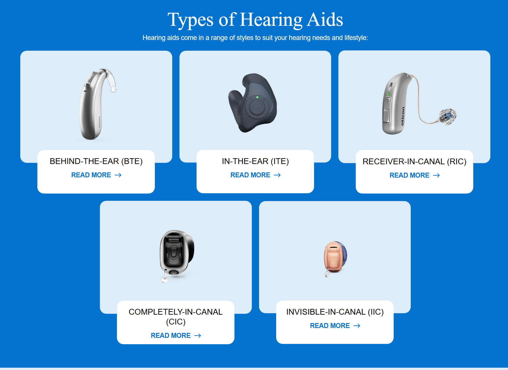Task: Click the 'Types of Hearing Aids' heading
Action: click(255, 20)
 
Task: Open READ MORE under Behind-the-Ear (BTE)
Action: click(96, 175)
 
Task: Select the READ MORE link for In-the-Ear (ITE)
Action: click(255, 175)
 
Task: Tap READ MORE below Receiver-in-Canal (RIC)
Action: click(415, 175)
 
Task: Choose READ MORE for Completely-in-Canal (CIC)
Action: click(176, 336)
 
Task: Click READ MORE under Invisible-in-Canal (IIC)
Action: click(335, 326)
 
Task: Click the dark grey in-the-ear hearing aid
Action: click(252, 103)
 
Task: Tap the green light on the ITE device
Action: click(257, 97)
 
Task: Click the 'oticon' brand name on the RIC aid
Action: click(402, 116)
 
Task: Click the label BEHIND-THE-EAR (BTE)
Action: click(96, 161)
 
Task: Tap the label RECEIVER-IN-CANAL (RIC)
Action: click(415, 161)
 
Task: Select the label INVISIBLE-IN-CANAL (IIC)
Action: click(335, 312)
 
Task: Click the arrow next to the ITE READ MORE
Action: click(277, 175)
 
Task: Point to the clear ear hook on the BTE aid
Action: click(110, 78)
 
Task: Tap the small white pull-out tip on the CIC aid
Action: click(164, 279)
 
